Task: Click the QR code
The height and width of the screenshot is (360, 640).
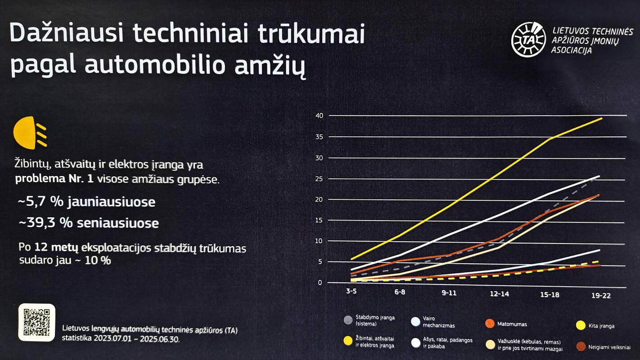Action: [36, 322]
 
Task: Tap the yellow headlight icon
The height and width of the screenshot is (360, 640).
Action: [30, 133]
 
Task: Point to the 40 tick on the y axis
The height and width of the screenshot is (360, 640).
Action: [320, 116]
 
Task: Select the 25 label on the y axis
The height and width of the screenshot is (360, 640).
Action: [320, 179]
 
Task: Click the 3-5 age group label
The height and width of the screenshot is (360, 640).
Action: [352, 292]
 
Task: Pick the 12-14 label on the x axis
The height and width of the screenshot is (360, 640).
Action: [500, 293]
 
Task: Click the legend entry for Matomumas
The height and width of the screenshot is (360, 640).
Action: [512, 324]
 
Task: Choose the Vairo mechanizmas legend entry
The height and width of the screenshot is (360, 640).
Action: [439, 322]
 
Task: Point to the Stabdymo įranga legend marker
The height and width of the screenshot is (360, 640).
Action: [348, 320]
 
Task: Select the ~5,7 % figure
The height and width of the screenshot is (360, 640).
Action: [40, 202]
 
